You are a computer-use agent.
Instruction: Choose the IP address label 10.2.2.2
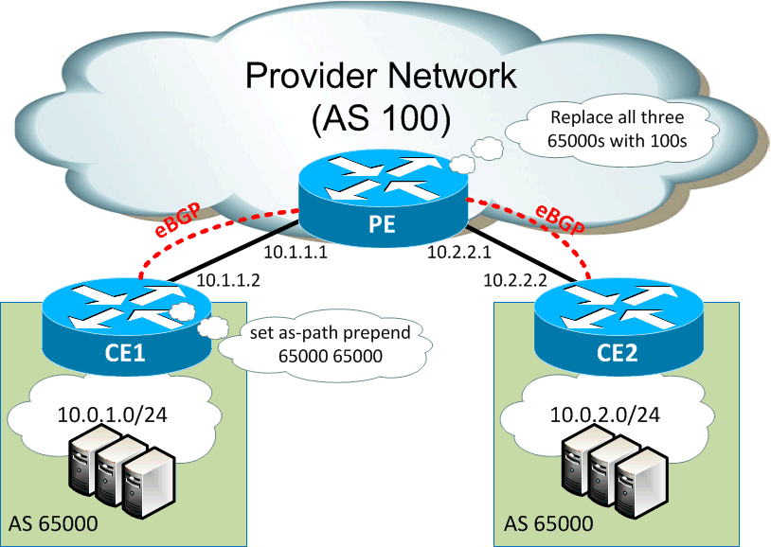(x=515, y=280)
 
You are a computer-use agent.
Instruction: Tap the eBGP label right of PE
(x=559, y=218)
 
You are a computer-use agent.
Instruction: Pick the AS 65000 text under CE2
(x=548, y=523)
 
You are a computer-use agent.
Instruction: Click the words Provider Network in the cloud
(x=381, y=76)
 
